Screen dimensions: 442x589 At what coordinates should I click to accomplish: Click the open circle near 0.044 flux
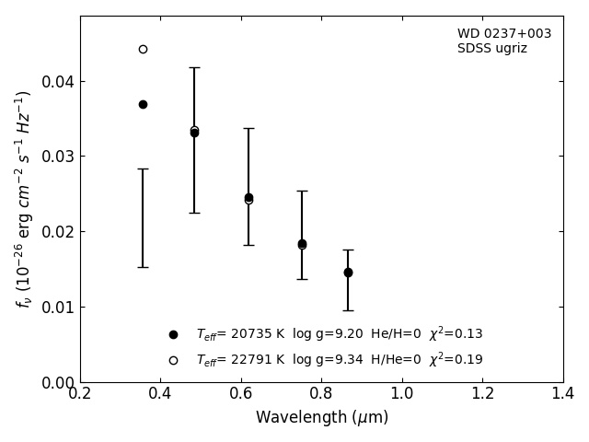tap(143, 49)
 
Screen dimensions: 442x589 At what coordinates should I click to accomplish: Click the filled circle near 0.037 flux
tap(143, 104)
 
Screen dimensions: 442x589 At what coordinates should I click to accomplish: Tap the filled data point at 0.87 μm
tap(348, 273)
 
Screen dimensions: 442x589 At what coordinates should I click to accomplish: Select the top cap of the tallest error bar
tap(194, 67)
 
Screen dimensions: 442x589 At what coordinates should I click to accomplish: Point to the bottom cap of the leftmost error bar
tap(143, 267)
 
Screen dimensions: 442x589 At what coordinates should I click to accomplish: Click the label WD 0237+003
tap(504, 34)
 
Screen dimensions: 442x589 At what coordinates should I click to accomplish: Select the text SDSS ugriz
tap(492, 49)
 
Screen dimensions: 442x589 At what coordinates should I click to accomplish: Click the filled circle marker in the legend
tap(173, 334)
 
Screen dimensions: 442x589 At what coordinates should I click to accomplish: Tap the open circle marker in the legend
tap(173, 360)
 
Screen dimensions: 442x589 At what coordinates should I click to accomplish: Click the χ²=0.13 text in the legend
tap(456, 334)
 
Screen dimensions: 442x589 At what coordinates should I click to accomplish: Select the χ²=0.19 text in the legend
tap(456, 360)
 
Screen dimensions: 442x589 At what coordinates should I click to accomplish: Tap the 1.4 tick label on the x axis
tap(563, 393)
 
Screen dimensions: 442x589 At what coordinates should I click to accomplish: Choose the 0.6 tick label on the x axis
tap(241, 393)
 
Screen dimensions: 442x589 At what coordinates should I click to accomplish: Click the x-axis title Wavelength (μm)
tap(321, 418)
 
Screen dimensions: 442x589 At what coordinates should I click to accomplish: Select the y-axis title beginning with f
tap(24, 199)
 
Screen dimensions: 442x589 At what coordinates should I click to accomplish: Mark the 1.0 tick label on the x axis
tap(402, 393)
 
